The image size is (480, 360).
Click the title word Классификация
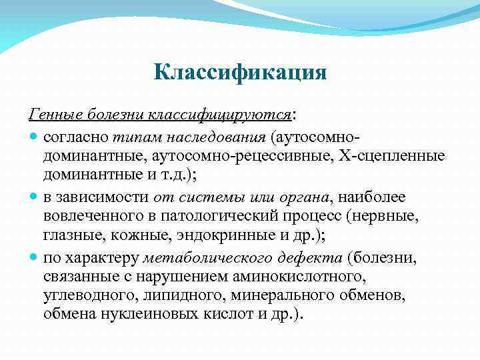click(240, 71)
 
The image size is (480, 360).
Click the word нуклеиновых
click(153, 315)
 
